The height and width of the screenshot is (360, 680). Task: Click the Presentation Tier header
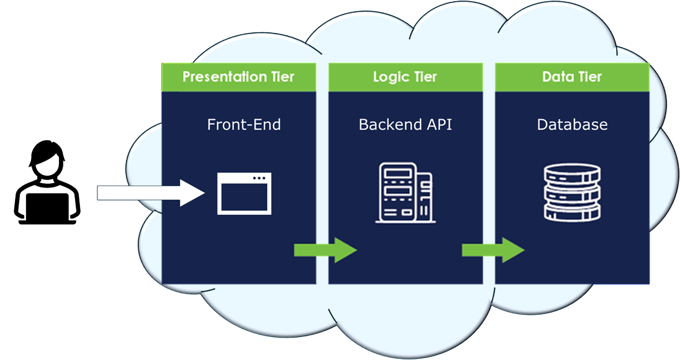(x=238, y=78)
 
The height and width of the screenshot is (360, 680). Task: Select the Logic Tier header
(x=405, y=78)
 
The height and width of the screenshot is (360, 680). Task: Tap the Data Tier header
(x=571, y=78)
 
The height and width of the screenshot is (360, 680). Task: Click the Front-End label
(x=244, y=125)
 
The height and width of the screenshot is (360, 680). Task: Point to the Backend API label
(x=405, y=125)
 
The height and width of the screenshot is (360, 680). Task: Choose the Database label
(x=572, y=125)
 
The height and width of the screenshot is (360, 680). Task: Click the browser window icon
(x=244, y=194)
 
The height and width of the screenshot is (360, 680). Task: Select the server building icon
(x=405, y=192)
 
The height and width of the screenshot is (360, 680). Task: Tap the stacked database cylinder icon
(x=572, y=193)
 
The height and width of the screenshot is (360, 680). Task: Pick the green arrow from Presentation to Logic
(x=325, y=250)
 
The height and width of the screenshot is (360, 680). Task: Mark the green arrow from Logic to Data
(x=493, y=250)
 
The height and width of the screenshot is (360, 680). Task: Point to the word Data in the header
(x=556, y=78)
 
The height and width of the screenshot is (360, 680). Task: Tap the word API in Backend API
(x=439, y=125)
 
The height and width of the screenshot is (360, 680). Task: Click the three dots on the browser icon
(x=259, y=179)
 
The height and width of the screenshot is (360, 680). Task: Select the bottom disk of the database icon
(x=572, y=211)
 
